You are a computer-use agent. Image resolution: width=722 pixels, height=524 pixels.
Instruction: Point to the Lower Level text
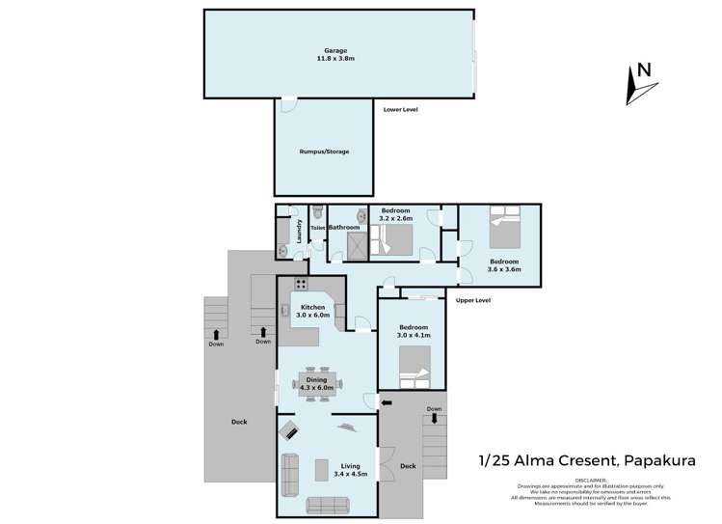400,110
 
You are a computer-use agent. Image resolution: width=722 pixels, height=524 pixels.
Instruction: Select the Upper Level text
472,301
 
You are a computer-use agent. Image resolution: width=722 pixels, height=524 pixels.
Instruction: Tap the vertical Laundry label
300,232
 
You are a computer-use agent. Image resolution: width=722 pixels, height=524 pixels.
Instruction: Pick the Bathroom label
345,228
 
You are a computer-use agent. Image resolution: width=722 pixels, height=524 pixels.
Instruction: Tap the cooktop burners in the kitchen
301,285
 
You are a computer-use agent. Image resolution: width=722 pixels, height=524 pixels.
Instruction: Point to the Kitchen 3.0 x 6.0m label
312,311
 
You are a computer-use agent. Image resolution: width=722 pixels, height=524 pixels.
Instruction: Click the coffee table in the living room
322,469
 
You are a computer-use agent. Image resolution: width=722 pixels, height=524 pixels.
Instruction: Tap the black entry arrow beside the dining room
388,402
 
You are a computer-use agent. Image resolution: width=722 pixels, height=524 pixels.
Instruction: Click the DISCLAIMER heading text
591,479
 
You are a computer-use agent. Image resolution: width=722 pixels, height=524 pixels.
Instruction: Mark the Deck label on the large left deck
239,422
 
